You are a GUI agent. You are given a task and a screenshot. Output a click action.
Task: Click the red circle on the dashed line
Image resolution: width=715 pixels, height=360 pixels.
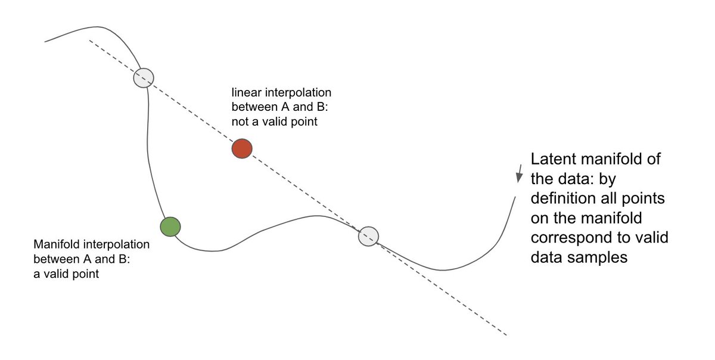click(242, 148)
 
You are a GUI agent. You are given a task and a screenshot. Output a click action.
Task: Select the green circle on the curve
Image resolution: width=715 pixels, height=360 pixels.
click(170, 226)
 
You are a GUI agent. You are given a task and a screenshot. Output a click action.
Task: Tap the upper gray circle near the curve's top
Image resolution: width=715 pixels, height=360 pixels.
click(143, 77)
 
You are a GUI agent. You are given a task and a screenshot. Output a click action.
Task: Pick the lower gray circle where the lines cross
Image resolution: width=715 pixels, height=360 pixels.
click(369, 236)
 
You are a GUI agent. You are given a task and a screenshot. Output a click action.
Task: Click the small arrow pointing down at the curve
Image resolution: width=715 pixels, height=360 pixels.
click(520, 173)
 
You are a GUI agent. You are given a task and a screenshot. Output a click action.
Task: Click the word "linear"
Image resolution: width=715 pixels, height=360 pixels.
click(244, 94)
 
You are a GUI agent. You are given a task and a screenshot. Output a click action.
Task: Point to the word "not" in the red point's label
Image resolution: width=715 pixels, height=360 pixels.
click(240, 122)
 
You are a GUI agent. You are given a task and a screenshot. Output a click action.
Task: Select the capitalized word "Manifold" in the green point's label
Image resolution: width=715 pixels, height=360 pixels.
click(54, 245)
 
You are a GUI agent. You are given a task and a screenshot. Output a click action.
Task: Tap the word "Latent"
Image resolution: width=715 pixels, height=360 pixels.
click(552, 160)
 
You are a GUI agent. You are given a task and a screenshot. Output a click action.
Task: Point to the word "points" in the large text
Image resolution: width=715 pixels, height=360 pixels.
click(645, 198)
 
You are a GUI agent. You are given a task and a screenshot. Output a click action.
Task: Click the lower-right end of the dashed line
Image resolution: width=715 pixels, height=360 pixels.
click(506, 335)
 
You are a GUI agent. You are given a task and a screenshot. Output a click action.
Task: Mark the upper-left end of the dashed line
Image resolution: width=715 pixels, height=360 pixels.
click(89, 41)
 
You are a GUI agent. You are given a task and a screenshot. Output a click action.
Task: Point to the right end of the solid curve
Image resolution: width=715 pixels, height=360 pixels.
click(514, 197)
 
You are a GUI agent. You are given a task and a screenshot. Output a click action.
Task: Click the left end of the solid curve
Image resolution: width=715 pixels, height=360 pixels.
click(45, 42)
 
